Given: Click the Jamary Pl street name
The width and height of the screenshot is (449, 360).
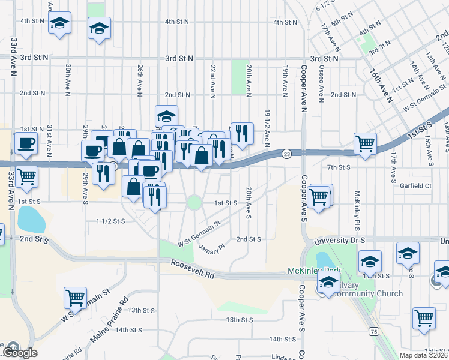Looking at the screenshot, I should tap(211, 247).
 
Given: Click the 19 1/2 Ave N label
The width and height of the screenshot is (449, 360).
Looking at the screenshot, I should tap(267, 127).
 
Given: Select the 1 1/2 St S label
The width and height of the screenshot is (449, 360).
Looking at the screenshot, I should tap(110, 221).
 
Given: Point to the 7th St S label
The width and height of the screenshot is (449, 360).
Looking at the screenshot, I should tap(339, 167).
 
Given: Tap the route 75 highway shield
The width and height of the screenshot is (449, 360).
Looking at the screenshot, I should tap(374, 331).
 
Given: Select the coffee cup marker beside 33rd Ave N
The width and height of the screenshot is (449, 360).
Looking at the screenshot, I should tap(25, 143).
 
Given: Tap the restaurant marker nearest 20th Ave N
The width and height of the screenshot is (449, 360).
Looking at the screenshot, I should tap(241, 134).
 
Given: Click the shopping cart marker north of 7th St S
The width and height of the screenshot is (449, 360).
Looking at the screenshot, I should tap(365, 143).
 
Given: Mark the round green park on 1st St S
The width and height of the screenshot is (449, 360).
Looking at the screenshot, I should tap(194, 202).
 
